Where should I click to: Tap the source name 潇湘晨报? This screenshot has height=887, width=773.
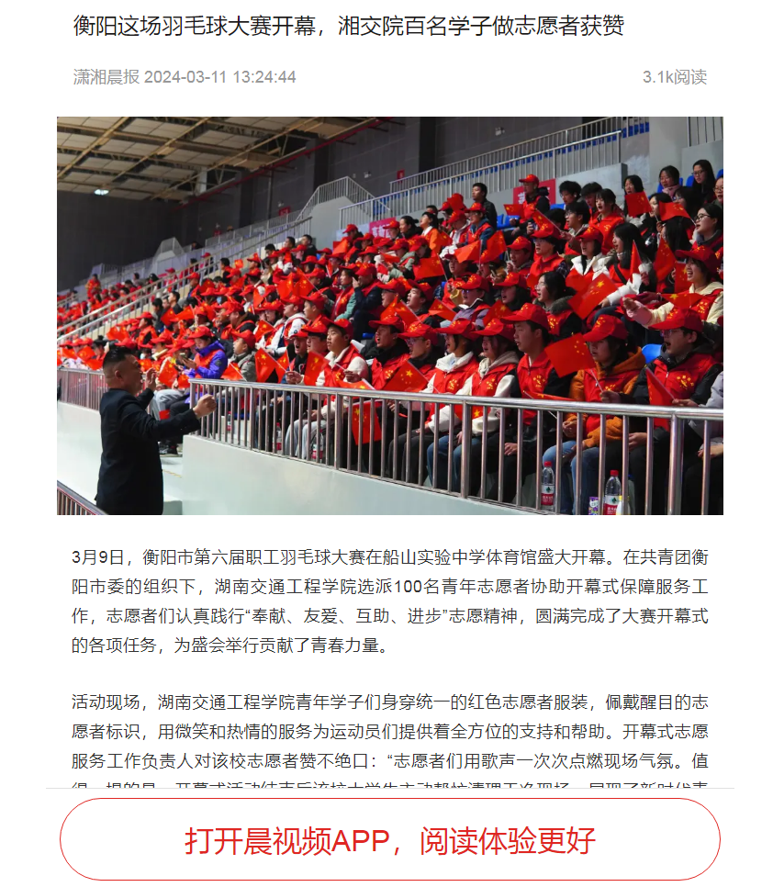click(x=106, y=77)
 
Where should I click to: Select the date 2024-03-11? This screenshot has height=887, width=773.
click(x=185, y=77)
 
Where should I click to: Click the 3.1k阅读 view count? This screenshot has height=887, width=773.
click(x=674, y=77)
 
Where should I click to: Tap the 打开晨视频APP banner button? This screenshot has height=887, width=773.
click(x=389, y=839)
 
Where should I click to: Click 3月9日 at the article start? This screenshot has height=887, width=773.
click(x=97, y=557)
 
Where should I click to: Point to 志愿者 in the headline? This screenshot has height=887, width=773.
click(x=538, y=26)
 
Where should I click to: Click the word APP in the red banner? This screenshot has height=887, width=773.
click(x=364, y=840)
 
